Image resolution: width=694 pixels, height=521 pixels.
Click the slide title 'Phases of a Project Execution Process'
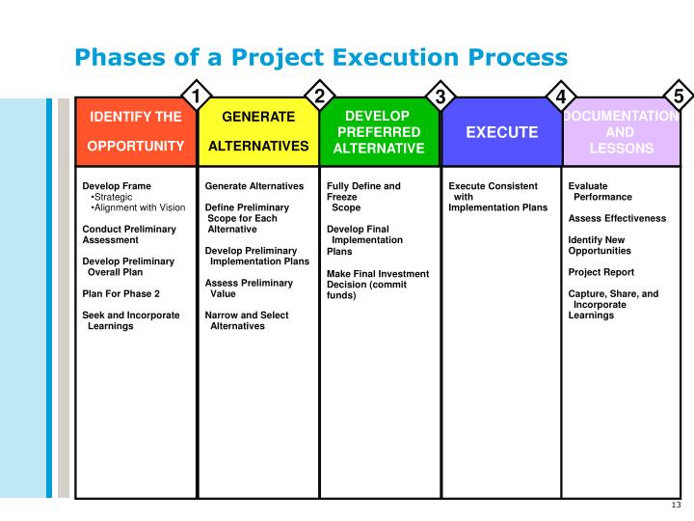pos(321,57)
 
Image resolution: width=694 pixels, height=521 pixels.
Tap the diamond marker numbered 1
pos(197,96)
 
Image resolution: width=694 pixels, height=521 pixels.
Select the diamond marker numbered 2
pos(318,95)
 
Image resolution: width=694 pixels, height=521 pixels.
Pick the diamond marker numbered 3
pos(440,96)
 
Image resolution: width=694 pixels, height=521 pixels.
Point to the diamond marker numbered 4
pos(561,96)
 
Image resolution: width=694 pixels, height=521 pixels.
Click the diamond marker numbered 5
pos(679,96)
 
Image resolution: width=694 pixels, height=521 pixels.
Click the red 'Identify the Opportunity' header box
pos(136,131)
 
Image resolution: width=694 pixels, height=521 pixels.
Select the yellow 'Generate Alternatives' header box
pos(258,131)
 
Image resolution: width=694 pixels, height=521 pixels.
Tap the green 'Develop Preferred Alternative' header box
pos(379,131)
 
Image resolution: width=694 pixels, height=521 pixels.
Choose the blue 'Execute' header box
pos(501,131)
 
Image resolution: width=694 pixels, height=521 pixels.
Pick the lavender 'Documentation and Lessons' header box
pos(622,131)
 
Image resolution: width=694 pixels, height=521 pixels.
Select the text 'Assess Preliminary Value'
pos(249,288)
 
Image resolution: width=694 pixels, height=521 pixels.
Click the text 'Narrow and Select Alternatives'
pos(247,320)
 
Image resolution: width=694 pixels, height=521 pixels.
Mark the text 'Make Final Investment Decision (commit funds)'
pos(378,285)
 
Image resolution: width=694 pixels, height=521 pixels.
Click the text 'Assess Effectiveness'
pos(617,218)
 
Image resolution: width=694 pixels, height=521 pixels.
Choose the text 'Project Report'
pos(601,272)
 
